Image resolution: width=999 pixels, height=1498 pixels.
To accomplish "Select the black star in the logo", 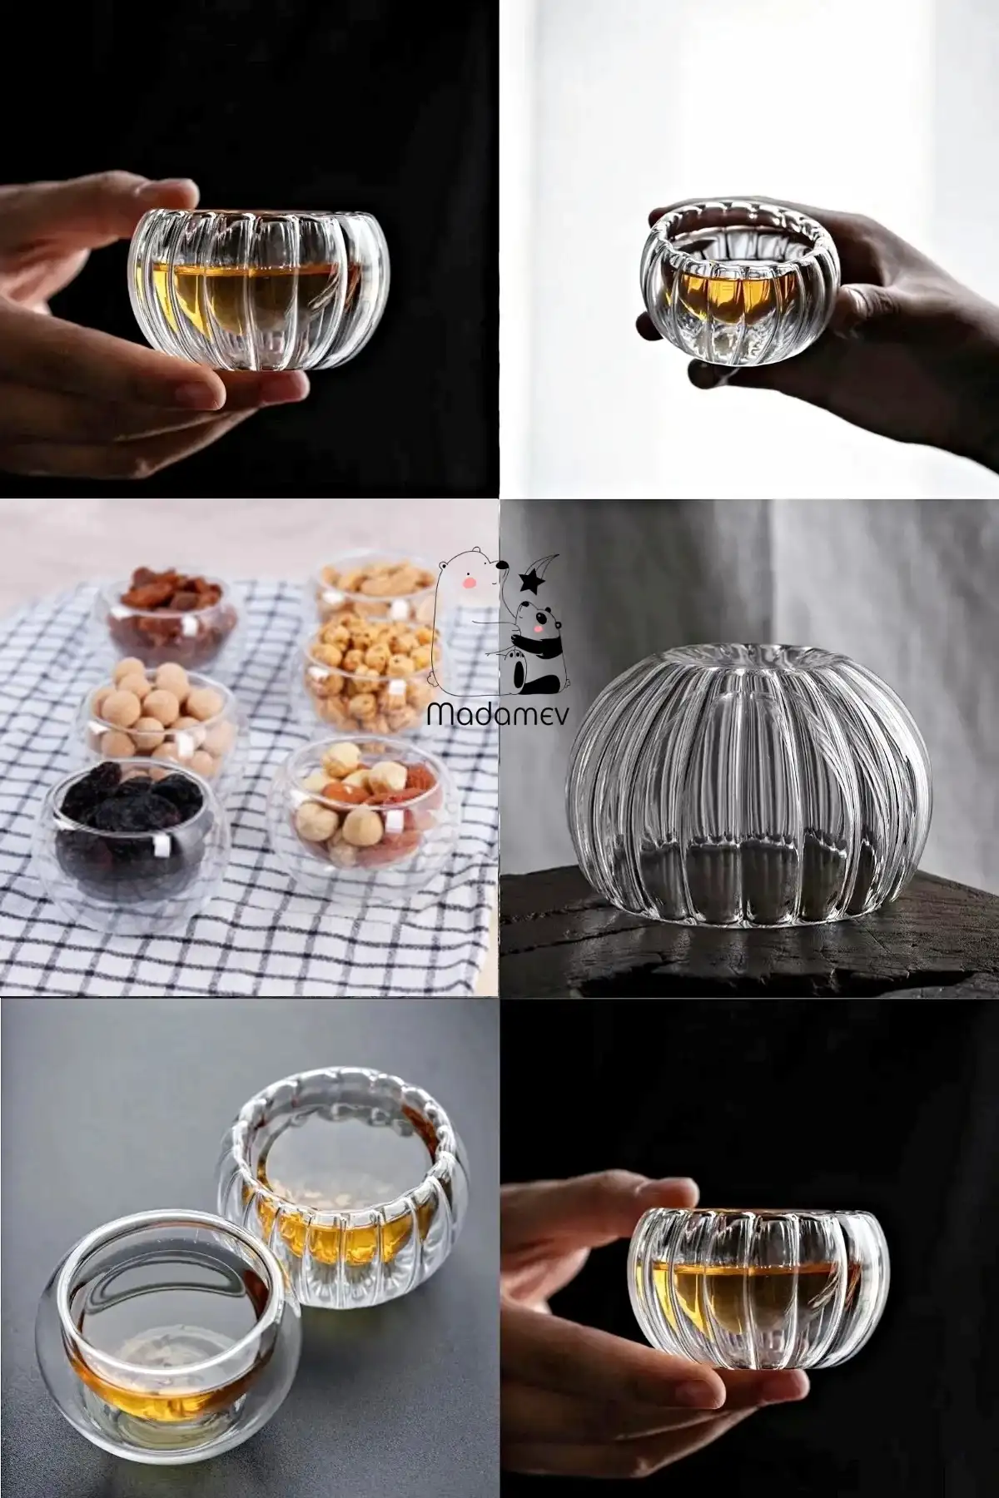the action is coord(526,581).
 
